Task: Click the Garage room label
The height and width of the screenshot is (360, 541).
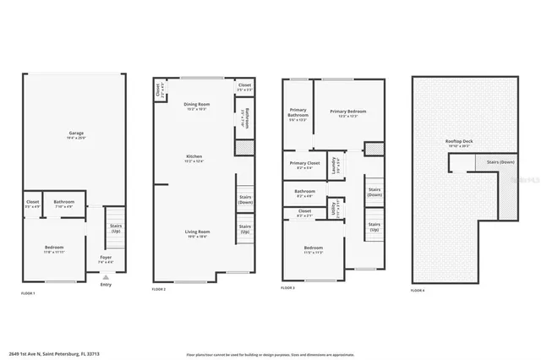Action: [75, 134]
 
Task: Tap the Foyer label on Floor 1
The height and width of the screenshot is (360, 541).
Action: [105, 257]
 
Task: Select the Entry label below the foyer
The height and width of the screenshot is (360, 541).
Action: [105, 284]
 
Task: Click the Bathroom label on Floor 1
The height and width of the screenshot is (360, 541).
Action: [63, 202]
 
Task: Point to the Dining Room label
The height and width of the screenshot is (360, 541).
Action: [196, 105]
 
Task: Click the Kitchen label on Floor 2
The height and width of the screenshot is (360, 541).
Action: [196, 157]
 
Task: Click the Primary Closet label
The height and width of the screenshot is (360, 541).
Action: [304, 163]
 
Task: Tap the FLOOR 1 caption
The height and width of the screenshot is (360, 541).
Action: [28, 292]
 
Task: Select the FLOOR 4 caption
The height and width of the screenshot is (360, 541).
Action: [418, 290]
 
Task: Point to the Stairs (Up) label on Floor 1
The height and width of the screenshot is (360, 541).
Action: [115, 227]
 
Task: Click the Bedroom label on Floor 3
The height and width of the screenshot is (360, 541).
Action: [312, 248]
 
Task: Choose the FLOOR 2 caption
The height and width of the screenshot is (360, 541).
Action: [158, 290]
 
